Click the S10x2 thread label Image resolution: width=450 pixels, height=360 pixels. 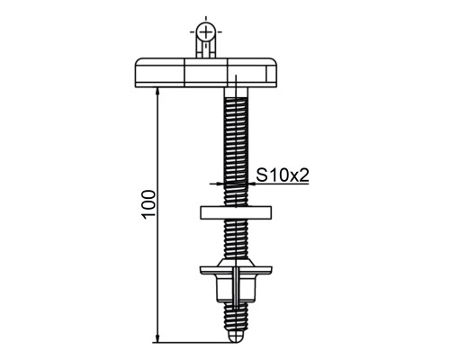coord(283,175)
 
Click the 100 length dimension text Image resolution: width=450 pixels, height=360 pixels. coord(149,204)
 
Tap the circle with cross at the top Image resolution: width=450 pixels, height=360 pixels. coord(206,31)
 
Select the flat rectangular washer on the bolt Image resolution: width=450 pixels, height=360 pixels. coord(236,212)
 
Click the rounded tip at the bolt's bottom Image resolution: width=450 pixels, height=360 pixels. coord(237,337)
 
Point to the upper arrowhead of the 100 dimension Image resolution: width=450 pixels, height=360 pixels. coord(157,91)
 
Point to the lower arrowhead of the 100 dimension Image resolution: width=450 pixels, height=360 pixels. coord(157,338)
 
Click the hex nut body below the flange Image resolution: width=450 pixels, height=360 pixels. coord(236,288)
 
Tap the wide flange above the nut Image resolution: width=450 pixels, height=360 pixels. coord(236,269)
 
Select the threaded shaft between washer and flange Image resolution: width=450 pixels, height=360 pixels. coord(236,238)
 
